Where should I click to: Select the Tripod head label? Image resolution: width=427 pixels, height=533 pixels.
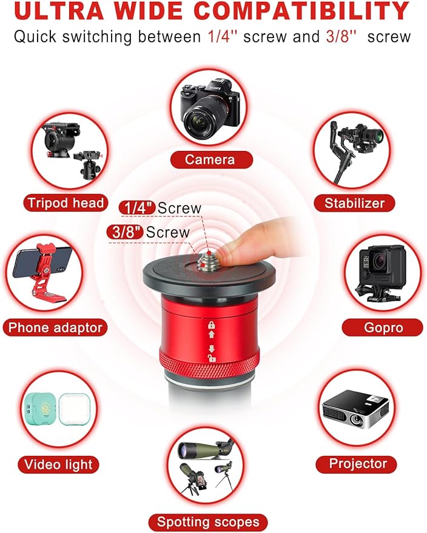66,203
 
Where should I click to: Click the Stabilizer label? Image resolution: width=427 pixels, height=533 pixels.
354,203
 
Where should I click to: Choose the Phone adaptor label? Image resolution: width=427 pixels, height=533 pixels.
55,327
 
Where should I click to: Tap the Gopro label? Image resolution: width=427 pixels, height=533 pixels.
383,327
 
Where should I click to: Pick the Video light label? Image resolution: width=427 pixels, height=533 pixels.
58,464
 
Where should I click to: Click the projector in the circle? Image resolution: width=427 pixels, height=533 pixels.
355,410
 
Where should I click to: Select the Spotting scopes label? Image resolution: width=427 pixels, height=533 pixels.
208,522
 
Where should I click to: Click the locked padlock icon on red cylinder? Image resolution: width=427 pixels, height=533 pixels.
212,324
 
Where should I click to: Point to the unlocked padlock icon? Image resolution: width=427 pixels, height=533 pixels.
212,358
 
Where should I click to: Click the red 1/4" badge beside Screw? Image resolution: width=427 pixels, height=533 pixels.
137,208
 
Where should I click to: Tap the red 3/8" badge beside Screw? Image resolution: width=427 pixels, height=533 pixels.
125,232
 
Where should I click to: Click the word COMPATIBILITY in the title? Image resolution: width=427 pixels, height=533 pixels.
301,10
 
